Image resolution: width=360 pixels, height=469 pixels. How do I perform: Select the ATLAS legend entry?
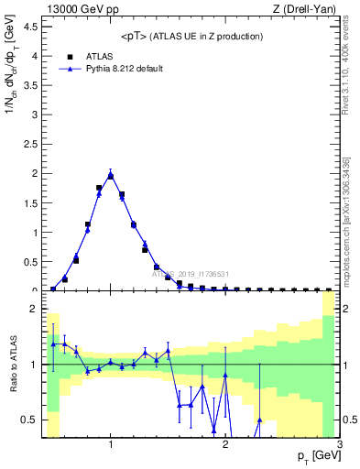(98, 55)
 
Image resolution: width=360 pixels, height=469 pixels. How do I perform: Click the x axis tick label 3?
(340, 445)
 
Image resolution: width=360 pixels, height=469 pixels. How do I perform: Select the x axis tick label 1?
(111, 445)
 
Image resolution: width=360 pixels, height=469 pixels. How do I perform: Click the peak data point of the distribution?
(111, 175)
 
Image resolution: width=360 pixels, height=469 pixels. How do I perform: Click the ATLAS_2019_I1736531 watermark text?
(189, 274)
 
